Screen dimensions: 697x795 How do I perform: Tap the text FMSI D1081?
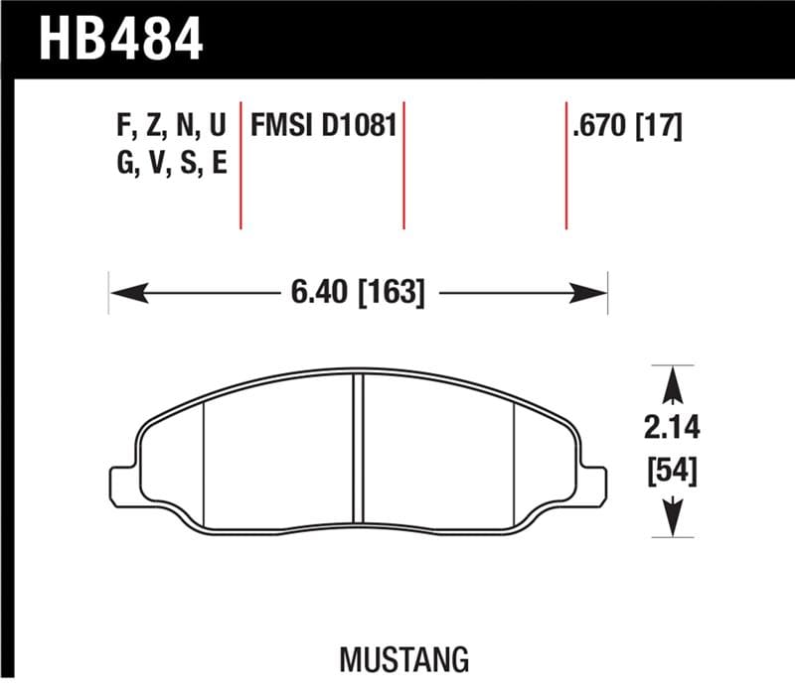(x=324, y=126)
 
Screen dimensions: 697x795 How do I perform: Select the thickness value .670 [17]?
(x=627, y=126)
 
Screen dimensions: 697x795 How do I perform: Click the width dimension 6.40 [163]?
(x=359, y=293)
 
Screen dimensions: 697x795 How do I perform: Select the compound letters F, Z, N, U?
(x=172, y=126)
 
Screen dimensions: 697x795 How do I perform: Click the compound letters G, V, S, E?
(x=172, y=164)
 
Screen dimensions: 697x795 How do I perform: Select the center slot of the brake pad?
(x=359, y=452)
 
